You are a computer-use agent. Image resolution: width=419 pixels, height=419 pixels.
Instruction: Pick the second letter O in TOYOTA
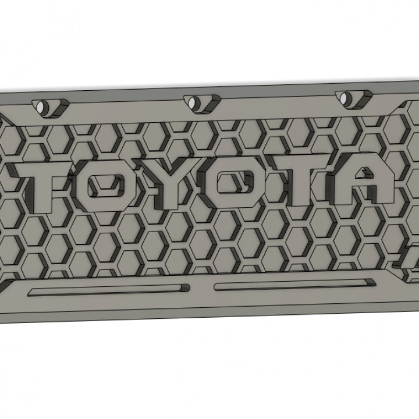232,185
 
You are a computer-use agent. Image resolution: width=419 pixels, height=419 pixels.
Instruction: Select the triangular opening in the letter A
365,173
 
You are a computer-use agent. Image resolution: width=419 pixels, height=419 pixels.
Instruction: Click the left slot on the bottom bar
108,289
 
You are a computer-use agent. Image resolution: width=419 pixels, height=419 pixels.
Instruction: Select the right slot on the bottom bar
294,285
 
